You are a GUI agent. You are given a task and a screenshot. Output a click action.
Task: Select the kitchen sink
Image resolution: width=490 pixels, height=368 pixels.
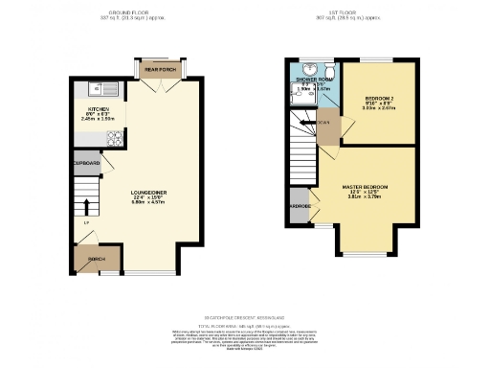click(x=100, y=89)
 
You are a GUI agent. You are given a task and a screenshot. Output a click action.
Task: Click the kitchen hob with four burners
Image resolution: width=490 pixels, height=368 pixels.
click(x=114, y=140)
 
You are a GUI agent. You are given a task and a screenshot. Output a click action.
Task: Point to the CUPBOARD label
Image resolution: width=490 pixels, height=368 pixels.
click(x=85, y=164)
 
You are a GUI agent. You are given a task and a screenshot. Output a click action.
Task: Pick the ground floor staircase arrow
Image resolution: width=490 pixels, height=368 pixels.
click(x=87, y=204)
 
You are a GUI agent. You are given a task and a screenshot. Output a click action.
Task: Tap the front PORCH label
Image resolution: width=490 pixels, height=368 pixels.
click(x=96, y=259)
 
